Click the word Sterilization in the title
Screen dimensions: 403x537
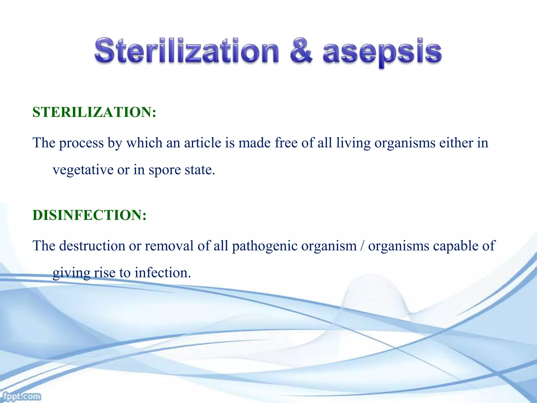pyautogui.click(x=186, y=51)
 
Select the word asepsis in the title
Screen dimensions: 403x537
pyautogui.click(x=382, y=52)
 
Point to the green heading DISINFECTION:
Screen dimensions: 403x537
pyautogui.click(x=89, y=215)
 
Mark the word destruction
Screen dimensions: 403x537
pyautogui.click(x=92, y=246)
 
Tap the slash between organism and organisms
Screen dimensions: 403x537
pyautogui.click(x=362, y=246)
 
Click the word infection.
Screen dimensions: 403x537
pyautogui.click(x=163, y=273)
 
